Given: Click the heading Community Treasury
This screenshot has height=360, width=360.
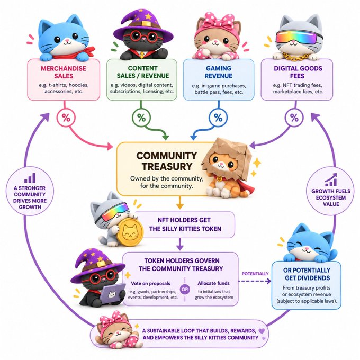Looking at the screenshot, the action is click(x=167, y=161).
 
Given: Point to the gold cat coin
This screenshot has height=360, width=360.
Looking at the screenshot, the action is click(x=130, y=232).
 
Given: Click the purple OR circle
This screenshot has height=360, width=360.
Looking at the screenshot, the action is click(x=185, y=290).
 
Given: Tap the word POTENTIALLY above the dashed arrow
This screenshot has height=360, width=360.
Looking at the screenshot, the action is click(x=255, y=274).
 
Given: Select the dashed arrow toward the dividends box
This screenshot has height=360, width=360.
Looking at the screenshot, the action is click(x=255, y=281).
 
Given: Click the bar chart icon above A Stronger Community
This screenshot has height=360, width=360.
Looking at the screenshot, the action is click(x=30, y=178).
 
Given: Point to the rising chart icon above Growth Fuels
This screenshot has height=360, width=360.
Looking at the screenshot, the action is click(x=331, y=180).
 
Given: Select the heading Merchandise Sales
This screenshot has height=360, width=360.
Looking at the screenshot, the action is click(x=64, y=72).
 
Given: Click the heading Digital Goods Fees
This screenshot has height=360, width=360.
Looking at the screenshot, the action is click(x=298, y=72).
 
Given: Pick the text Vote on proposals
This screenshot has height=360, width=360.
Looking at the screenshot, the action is click(x=150, y=284).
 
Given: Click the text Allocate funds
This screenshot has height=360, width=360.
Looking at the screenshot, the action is click(x=213, y=283).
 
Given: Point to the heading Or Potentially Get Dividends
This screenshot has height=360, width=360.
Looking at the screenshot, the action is click(x=307, y=274).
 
